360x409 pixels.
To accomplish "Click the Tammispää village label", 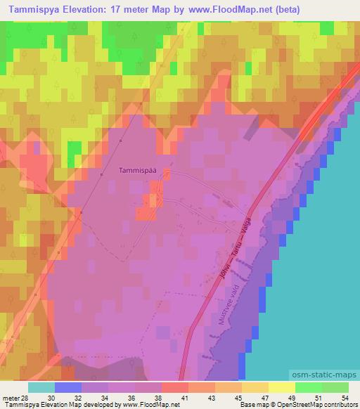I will click(x=137, y=169).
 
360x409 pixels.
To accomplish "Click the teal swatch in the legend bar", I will click(x=41, y=387).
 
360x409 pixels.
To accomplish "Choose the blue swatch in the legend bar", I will click(x=67, y=387).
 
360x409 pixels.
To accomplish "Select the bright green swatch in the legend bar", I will click(x=308, y=387).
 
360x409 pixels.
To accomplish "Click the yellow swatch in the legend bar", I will click(x=281, y=387).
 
